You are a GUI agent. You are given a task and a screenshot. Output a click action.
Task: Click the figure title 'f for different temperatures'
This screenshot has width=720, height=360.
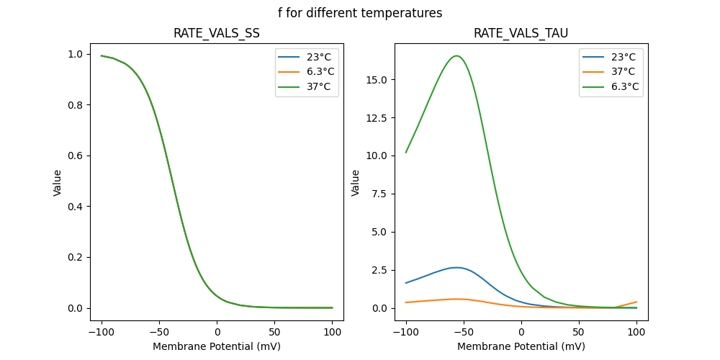coord(360,13)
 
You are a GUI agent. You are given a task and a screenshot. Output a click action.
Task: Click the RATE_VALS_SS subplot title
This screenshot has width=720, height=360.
coord(217,34)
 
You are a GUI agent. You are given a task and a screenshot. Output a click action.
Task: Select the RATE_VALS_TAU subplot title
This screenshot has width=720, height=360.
coord(521,34)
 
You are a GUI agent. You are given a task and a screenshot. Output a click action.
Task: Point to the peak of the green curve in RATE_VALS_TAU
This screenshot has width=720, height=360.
coord(456,55)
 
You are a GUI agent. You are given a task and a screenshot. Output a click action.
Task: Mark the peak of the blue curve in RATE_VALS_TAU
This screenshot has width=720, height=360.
coord(456,267)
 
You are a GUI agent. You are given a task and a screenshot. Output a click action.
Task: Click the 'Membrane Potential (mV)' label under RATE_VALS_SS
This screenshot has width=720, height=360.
coord(217,346)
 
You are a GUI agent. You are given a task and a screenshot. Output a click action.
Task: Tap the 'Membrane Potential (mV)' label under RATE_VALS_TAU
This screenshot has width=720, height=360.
coord(521,346)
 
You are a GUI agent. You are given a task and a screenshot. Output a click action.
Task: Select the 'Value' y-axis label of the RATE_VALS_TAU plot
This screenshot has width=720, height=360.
coord(355,182)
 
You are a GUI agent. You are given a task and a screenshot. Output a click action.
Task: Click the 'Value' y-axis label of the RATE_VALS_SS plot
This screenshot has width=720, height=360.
coord(58,182)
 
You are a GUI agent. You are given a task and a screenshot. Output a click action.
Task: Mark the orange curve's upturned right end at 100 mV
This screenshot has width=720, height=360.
coord(636,302)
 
